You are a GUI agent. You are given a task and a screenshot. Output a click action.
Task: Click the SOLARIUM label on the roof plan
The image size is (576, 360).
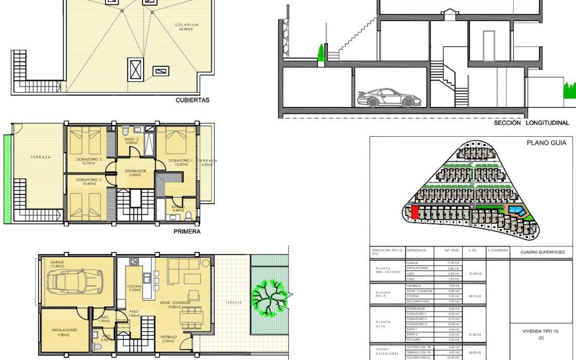pos(187,25)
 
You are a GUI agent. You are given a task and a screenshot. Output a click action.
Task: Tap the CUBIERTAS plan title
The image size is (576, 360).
pos(192,100)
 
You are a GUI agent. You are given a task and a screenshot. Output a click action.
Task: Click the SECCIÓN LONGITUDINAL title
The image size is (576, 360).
pos(531,123)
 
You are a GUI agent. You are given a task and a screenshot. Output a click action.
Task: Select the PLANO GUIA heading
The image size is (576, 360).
pos(546,143)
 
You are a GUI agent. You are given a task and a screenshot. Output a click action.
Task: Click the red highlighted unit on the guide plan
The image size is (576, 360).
pos(415,212)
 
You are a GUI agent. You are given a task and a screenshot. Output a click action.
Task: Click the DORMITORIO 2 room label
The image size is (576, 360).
pos(89,159)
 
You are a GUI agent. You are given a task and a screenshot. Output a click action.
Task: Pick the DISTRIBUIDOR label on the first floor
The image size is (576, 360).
pos(136,171)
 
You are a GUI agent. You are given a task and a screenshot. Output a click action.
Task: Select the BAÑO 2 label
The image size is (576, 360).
pos(131,139)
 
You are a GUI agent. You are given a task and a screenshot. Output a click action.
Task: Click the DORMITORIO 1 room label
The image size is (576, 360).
pos(180,161)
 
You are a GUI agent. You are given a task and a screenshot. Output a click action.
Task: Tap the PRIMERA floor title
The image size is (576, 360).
pos(187,232)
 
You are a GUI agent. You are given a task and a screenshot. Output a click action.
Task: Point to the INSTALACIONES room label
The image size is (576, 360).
pos(64,330)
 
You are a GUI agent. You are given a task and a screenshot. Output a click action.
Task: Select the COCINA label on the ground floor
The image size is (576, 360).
pos(134,286)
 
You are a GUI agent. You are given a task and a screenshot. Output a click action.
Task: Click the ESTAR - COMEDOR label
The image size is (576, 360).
pos(175,303)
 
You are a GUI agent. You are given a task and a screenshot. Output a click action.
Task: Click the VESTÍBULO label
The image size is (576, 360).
pos(169,337)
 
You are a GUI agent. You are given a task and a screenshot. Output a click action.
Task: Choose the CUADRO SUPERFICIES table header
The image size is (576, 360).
pos(543,252)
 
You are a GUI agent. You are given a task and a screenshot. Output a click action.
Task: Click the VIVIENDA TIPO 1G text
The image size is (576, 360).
pos(541,331)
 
